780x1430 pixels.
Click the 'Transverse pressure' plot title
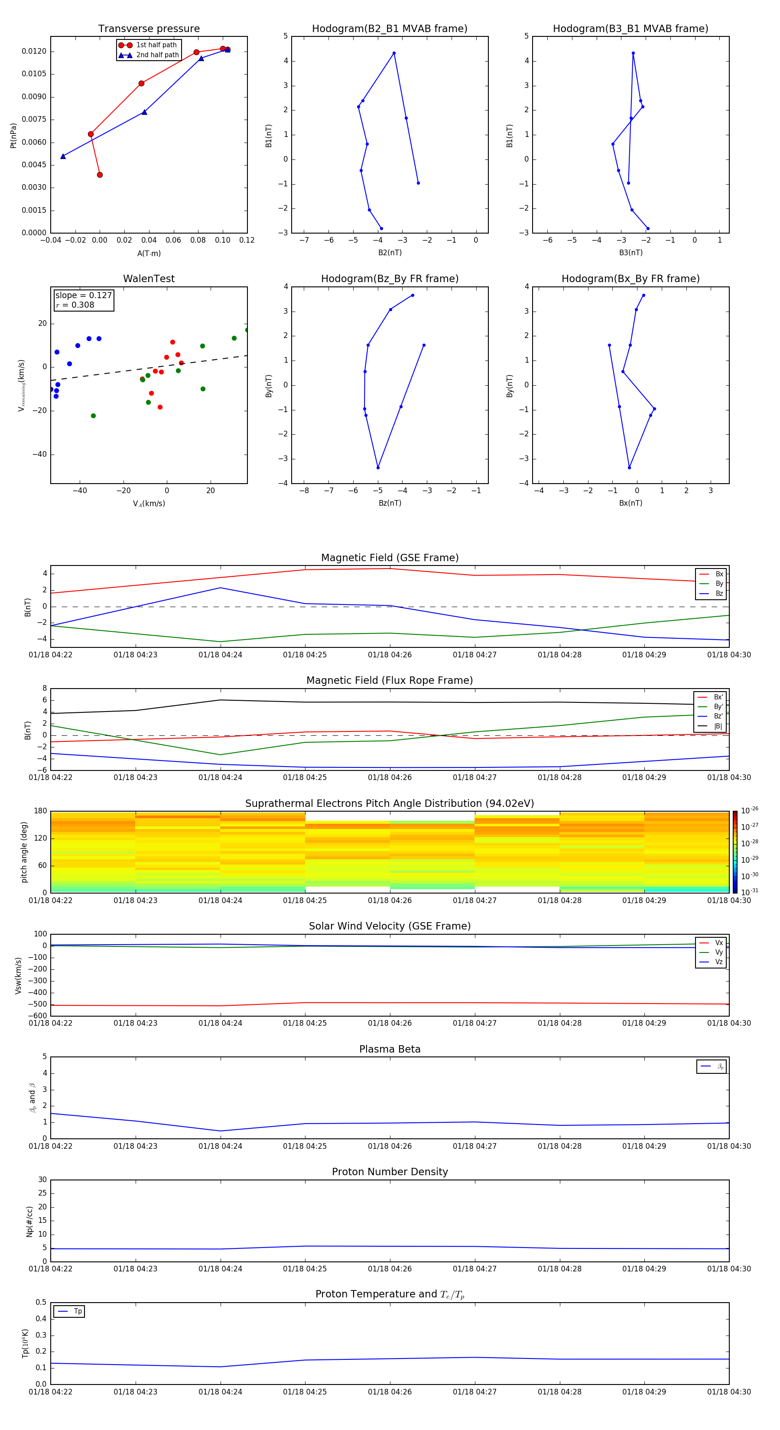[x=149, y=29]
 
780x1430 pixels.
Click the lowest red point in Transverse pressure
[x=100, y=175]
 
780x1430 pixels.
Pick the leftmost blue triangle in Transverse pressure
[x=63, y=156]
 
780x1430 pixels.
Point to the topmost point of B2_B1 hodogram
[x=394, y=53]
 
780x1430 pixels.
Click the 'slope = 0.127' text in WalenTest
[x=83, y=296]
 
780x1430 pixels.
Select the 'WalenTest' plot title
[x=149, y=279]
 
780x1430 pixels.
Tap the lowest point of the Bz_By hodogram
[x=378, y=468]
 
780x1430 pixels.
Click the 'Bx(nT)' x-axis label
[x=630, y=503]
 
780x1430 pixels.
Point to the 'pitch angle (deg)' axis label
[x=24, y=852]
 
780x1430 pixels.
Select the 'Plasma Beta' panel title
[x=390, y=1049]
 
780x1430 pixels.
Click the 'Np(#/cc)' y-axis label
[x=29, y=1221]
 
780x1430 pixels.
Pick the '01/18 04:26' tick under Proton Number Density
[x=390, y=1268]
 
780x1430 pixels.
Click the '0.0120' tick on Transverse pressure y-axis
[x=34, y=51]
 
